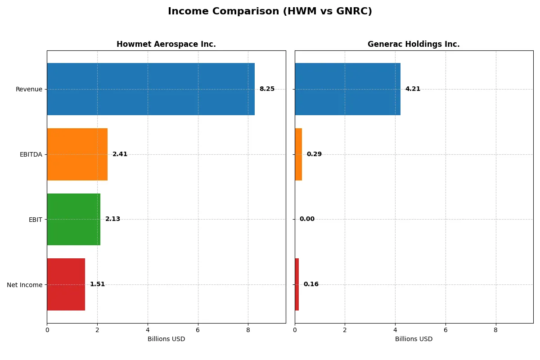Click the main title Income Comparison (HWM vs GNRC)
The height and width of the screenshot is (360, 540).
point(270,12)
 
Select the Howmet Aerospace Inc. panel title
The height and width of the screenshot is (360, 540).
point(166,44)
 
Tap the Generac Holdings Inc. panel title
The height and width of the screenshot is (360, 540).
point(414,44)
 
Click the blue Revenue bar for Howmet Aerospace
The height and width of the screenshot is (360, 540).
point(151,89)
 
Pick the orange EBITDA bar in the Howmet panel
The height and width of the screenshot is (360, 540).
point(77,154)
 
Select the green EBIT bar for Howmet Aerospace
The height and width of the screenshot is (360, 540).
point(73,219)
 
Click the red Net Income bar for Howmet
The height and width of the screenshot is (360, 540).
point(66,284)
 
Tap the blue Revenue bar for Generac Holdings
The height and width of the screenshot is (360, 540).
point(347,89)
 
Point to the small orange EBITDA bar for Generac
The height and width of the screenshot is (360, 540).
point(298,154)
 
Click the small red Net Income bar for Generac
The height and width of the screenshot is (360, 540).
point(297,284)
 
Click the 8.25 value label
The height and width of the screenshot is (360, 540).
point(267,89)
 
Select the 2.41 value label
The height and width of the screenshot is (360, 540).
point(120,154)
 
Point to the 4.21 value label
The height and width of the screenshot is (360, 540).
point(413,89)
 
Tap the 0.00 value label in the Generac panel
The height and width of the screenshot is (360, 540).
point(307,219)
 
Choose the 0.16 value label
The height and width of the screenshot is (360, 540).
point(311,284)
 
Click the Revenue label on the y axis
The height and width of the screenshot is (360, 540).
point(29,89)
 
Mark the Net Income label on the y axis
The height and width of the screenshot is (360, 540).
point(25,284)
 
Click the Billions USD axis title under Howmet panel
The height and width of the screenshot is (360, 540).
point(166,339)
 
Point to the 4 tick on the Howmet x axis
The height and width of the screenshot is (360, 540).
point(148,330)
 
